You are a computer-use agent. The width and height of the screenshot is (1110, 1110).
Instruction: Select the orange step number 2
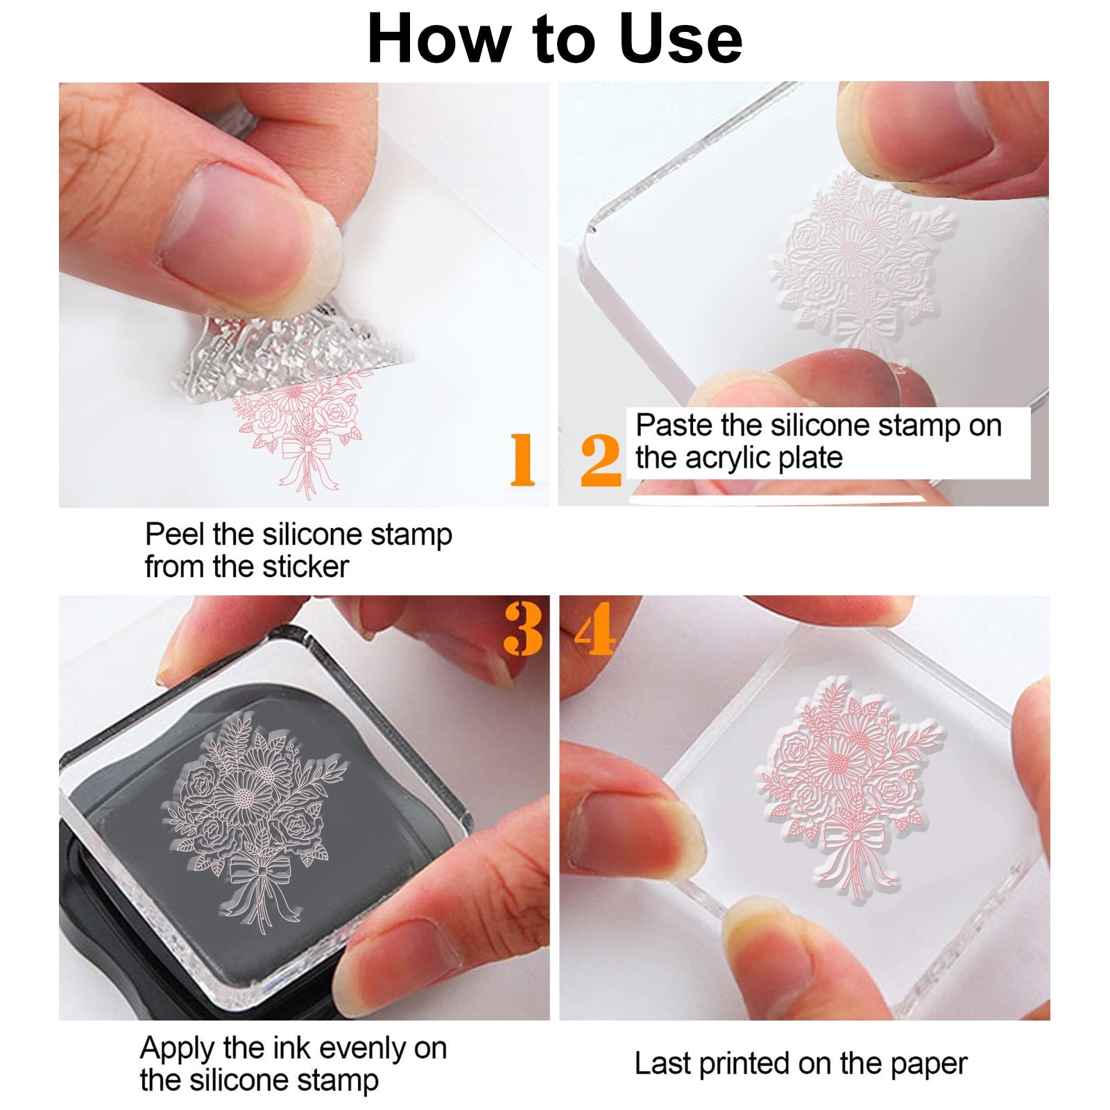(600, 460)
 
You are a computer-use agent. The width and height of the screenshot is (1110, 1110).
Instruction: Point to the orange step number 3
(523, 629)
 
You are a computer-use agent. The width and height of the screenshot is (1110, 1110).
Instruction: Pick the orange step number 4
(595, 629)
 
